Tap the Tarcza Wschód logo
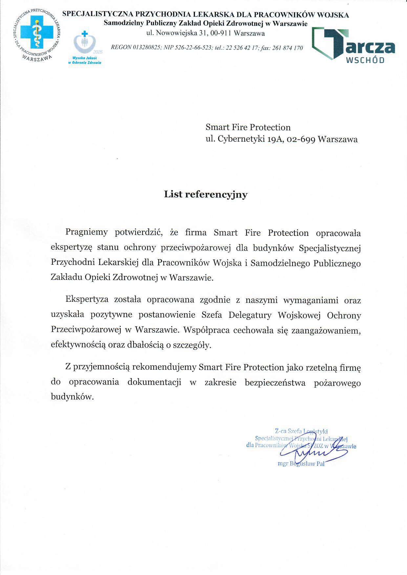[353, 45]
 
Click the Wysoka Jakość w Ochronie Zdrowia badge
[85, 48]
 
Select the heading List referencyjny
[206, 195]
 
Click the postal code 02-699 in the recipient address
[301, 139]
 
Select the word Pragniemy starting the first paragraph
[87, 233]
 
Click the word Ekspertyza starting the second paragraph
[86, 300]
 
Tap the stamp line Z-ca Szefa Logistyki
[301, 431]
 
